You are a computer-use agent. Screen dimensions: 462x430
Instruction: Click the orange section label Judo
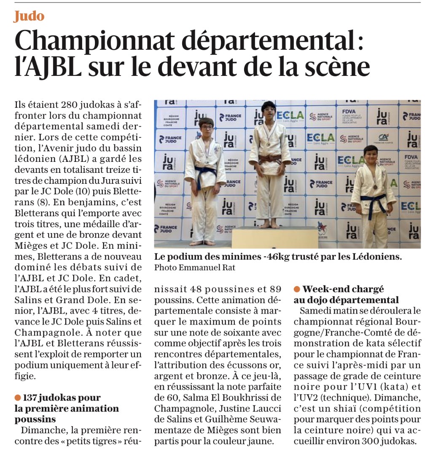(29, 16)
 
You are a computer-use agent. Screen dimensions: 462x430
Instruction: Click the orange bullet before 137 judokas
(18, 398)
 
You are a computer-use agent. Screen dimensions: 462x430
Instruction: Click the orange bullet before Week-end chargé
(297, 289)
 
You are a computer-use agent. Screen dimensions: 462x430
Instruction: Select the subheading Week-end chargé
(343, 289)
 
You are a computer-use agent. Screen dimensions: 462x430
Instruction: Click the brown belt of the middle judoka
(270, 159)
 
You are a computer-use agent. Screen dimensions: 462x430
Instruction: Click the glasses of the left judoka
(207, 127)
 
